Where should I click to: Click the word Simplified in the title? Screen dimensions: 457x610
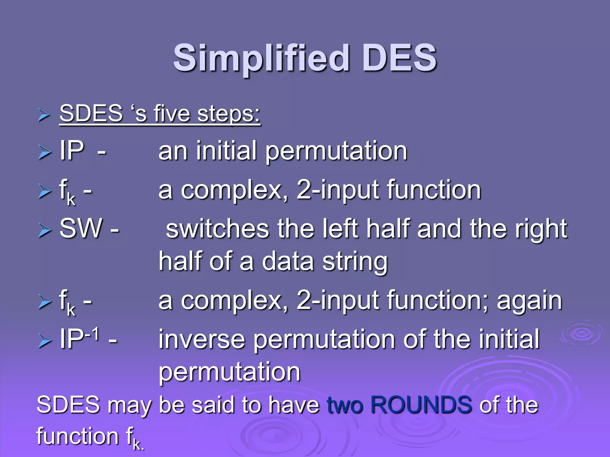(x=261, y=58)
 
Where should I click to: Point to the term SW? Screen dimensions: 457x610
(x=81, y=228)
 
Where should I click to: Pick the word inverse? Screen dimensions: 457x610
(x=202, y=339)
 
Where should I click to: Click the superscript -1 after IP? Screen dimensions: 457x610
(x=92, y=334)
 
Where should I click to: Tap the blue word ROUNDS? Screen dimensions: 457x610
(x=421, y=405)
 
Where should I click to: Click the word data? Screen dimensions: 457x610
(x=288, y=262)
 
